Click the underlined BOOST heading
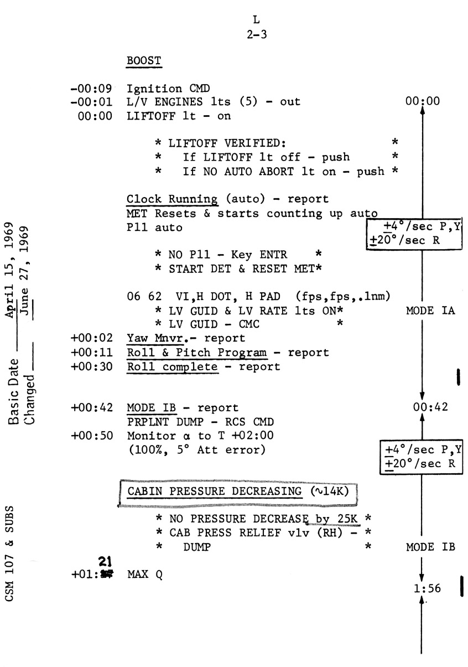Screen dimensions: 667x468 (144, 61)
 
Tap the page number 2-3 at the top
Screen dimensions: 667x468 (256, 33)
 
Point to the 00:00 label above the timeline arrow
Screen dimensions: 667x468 (423, 102)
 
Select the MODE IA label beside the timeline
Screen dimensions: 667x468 (430, 311)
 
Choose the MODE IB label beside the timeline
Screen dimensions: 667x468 (430, 547)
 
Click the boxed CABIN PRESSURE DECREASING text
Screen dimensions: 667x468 (238, 492)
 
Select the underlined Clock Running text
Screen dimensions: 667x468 (171, 199)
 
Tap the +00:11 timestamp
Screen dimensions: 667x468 (92, 352)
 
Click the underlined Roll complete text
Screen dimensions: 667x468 (171, 366)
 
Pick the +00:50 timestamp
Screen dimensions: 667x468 (92, 436)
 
